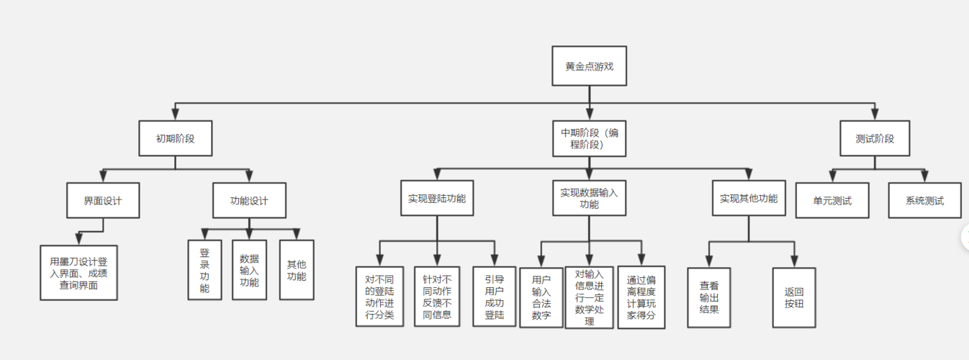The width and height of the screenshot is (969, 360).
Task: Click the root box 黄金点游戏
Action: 589,66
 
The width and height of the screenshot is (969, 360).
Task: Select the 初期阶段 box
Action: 176,138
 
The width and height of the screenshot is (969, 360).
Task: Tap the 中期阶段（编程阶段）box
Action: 589,138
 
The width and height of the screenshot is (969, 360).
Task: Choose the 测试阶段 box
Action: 875,138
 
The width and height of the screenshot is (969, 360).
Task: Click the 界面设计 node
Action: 103,200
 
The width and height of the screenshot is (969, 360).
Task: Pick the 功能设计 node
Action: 249,200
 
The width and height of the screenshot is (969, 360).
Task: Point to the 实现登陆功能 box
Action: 436,199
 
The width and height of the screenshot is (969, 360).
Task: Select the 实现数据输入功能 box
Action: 589,199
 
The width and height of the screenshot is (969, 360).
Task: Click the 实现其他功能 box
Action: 749,199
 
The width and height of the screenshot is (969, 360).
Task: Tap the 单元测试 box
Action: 832,200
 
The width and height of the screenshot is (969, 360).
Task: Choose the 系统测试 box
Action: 925,200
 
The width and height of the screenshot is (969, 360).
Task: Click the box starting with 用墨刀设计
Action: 78,272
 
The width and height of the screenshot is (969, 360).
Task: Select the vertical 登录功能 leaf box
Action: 204,270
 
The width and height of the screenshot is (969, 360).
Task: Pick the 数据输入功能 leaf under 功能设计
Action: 249,270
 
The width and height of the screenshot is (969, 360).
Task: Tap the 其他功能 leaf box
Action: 297,270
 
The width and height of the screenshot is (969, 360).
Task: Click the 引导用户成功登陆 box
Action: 495,296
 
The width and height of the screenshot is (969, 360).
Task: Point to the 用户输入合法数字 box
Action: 541,297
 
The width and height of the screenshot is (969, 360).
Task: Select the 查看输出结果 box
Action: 708,297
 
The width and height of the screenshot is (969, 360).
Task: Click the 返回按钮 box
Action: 795,297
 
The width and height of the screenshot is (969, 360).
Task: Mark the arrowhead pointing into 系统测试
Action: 925,177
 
